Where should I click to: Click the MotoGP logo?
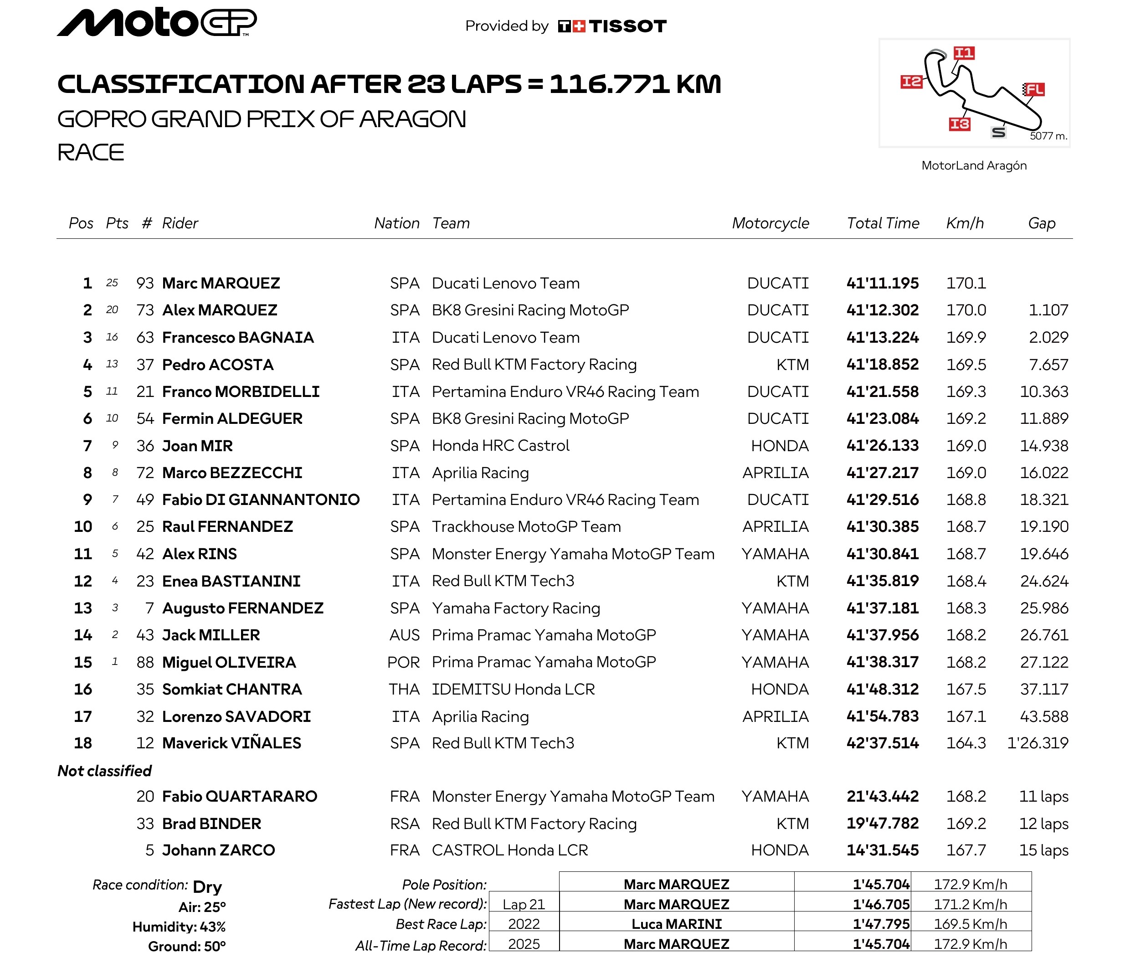point(157,22)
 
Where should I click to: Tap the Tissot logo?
point(612,26)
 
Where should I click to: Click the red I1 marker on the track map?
point(964,53)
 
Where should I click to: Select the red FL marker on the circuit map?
point(1034,89)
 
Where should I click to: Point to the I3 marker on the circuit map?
point(960,124)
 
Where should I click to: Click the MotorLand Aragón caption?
point(974,165)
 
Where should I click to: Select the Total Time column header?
point(883,223)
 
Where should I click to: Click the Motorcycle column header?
point(770,223)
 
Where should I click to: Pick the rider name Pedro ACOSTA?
point(218,365)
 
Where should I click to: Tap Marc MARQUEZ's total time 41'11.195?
point(883,283)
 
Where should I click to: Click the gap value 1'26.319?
point(1038,743)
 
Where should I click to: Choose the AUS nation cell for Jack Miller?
point(404,635)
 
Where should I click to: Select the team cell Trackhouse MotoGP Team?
point(526,526)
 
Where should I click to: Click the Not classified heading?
point(105,771)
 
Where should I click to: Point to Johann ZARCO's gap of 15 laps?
point(1043,850)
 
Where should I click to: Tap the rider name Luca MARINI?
point(676,924)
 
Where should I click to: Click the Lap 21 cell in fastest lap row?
point(524,905)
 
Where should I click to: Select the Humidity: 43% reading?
point(179,927)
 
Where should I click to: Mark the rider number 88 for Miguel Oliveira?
point(145,662)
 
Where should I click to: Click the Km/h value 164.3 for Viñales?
point(966,743)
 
